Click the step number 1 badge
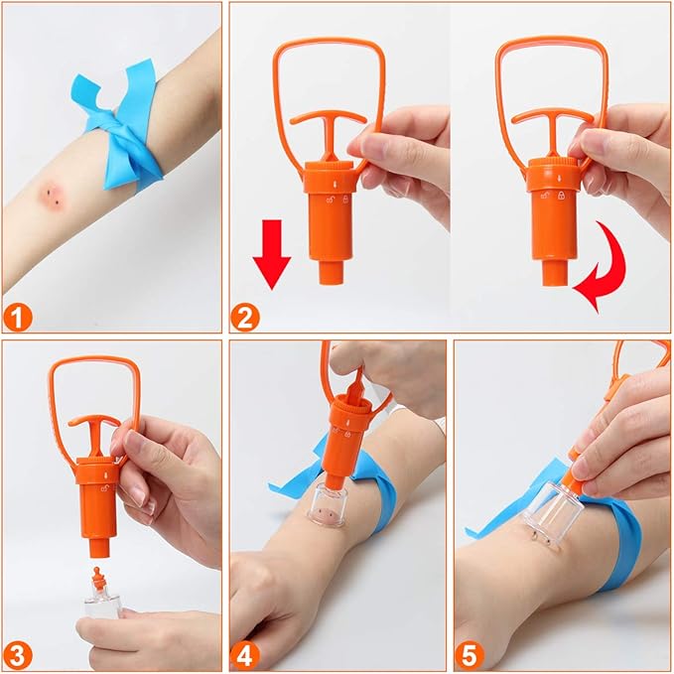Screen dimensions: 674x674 click(17, 318)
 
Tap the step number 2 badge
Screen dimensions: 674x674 click(245, 318)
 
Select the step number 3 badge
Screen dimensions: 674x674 click(18, 656)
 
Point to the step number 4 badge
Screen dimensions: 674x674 click(244, 656)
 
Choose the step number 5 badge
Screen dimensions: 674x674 click(470, 656)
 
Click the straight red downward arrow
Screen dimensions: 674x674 click(272, 254)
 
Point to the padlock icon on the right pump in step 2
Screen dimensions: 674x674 click(562, 196)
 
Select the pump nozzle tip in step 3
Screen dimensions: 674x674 click(99, 549)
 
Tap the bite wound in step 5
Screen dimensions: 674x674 click(542, 539)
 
